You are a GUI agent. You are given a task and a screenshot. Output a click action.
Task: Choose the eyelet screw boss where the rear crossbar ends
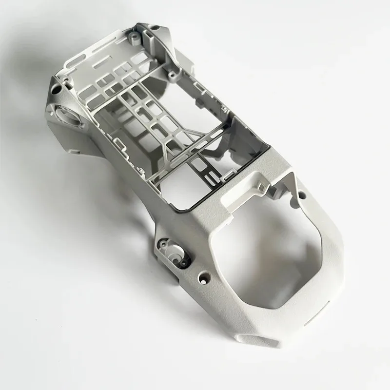coord(173,74)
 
